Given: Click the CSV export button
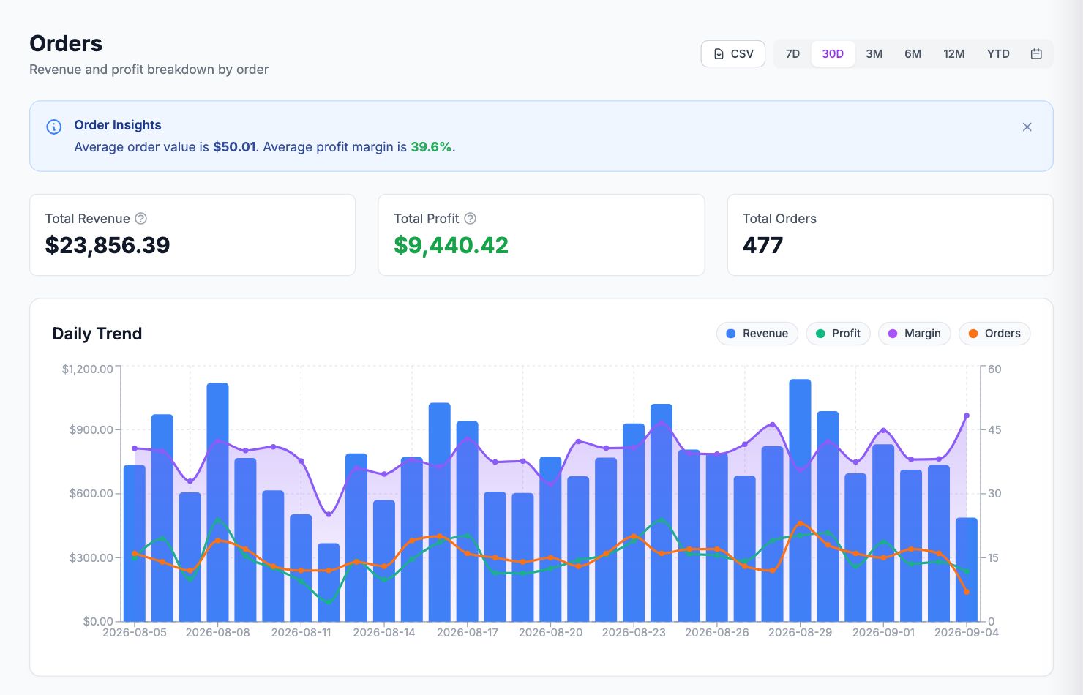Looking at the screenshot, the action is pos(732,53).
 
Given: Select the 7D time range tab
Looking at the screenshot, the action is pos(792,53).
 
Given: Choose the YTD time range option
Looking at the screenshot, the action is pos(998,53).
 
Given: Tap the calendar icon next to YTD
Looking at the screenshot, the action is pos(1036,53).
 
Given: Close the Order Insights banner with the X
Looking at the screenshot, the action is pos(1027,127).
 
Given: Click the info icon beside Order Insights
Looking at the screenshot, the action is pos(53,127).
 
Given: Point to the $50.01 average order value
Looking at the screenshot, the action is pos(234,147).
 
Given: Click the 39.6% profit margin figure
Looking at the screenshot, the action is pos(431,147).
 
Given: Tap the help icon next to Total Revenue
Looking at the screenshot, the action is pos(140,219).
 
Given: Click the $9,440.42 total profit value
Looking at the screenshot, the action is pos(451,245).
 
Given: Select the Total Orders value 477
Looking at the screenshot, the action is pos(762,245).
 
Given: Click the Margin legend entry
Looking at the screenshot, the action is pos(914,334).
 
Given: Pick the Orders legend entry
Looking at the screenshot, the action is pos(994,334).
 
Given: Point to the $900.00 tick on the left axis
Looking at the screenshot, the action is pos(91,429).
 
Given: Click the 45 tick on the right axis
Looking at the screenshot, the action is pos(994,429).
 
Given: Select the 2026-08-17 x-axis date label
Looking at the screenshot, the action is pos(467,633).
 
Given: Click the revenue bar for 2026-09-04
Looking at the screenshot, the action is pos(967,569).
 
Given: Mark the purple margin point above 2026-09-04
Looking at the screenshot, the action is pos(967,416).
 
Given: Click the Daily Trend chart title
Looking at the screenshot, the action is pos(97,334).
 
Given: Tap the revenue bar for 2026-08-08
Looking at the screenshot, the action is pos(217,502).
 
